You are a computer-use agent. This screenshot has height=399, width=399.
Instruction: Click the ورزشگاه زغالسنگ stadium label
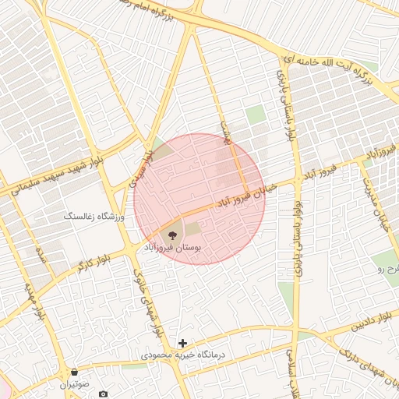tap(94, 216)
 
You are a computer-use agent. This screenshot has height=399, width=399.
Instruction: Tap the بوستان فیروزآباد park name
tap(171, 246)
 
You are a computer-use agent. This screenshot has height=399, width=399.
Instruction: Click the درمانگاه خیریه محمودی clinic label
tap(182, 355)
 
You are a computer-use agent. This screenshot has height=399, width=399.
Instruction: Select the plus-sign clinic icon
tap(182, 343)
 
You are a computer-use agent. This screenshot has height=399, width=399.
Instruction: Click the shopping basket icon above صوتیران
tap(74, 373)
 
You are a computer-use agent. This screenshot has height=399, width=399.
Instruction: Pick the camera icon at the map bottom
tap(103, 394)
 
